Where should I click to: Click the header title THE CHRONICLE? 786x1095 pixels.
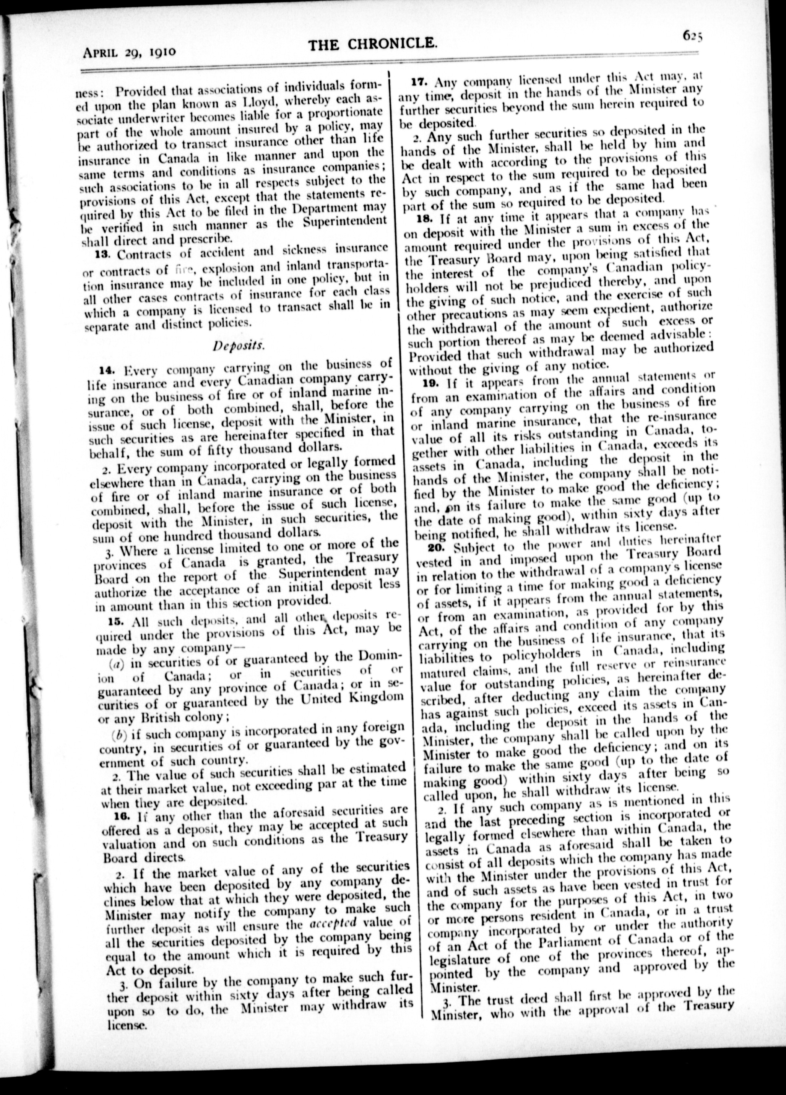(373, 45)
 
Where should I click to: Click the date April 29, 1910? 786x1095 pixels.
(129, 51)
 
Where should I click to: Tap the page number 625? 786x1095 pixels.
(692, 35)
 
